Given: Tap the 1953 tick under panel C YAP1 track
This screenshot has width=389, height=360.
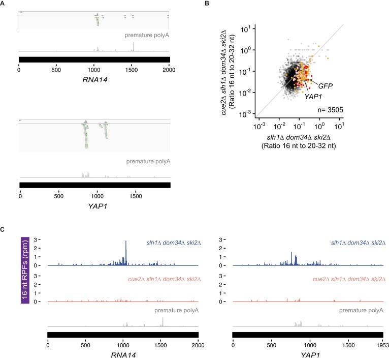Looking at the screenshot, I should click(382, 344).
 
